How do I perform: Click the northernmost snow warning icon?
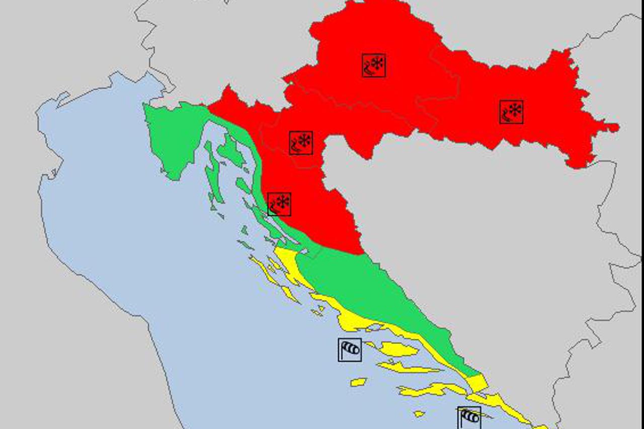[374, 65]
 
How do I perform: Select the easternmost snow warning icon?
[512, 112]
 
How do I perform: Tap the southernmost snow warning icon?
[279, 204]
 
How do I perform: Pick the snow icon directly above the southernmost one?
[301, 143]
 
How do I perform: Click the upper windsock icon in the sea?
[350, 350]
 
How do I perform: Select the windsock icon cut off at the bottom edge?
[469, 417]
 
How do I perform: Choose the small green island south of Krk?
[243, 186]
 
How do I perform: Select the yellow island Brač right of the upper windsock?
[397, 349]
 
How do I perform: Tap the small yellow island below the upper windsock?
[358, 382]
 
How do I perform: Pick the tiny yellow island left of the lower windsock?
[419, 414]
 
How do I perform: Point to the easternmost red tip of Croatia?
[615, 128]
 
